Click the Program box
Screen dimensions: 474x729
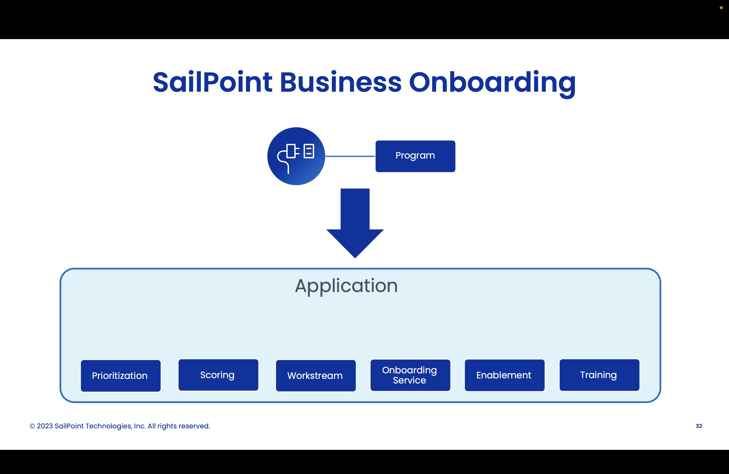(x=415, y=156)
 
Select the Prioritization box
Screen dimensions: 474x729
(x=120, y=376)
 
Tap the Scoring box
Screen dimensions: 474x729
(x=218, y=375)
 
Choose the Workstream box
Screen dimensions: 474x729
(x=316, y=376)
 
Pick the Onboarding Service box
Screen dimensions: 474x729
(x=410, y=375)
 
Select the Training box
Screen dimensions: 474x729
(x=599, y=375)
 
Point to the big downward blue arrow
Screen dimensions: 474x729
(x=355, y=224)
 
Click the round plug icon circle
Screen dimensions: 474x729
(x=296, y=156)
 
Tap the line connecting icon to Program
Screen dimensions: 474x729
(x=350, y=156)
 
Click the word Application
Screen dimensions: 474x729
(x=346, y=286)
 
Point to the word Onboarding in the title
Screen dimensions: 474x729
(x=492, y=83)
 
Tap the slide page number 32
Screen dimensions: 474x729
(x=699, y=426)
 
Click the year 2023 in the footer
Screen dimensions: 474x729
(x=45, y=426)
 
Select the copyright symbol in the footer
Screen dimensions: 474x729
(x=32, y=426)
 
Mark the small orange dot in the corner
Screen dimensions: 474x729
(x=721, y=8)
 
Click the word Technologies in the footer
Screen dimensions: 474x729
(x=108, y=426)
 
